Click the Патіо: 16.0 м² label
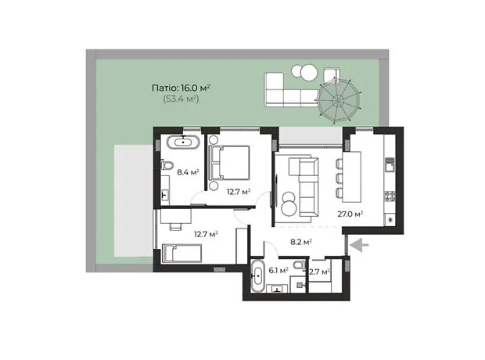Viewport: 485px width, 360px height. [181, 88]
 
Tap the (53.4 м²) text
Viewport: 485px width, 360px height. [181, 99]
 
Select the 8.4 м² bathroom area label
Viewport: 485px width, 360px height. [188, 172]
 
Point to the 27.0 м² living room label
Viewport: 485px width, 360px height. [350, 214]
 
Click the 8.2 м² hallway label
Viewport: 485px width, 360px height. [300, 242]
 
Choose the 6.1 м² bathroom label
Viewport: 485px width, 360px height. [278, 271]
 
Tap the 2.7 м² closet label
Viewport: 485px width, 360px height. [319, 272]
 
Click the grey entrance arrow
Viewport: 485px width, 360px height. [359, 244]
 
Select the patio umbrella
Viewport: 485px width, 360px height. [339, 100]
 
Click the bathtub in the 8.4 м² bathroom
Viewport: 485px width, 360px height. [184, 142]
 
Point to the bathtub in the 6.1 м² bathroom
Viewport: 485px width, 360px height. [257, 275]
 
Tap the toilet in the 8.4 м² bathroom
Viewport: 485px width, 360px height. [167, 164]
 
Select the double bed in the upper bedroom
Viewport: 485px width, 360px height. [229, 163]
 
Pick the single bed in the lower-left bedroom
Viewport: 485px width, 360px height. [181, 254]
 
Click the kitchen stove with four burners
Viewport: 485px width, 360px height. [390, 196]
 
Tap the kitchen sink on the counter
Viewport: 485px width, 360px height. [390, 164]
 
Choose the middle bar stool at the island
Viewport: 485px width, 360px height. [339, 178]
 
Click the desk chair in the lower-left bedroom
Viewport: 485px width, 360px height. [176, 226]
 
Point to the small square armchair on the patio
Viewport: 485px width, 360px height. [332, 74]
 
